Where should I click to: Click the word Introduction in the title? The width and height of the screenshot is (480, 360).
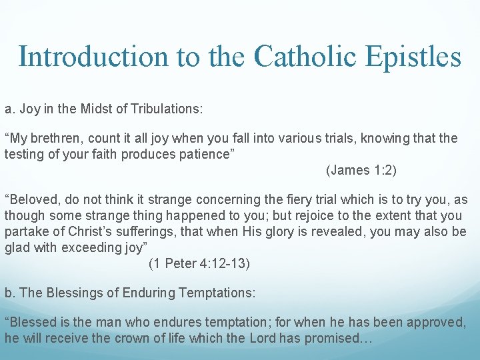click(93, 57)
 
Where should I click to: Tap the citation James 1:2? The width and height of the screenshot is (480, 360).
click(361, 170)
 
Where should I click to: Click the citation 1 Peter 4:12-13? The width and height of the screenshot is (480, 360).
click(199, 264)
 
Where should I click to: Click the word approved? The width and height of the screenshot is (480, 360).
click(434, 323)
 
